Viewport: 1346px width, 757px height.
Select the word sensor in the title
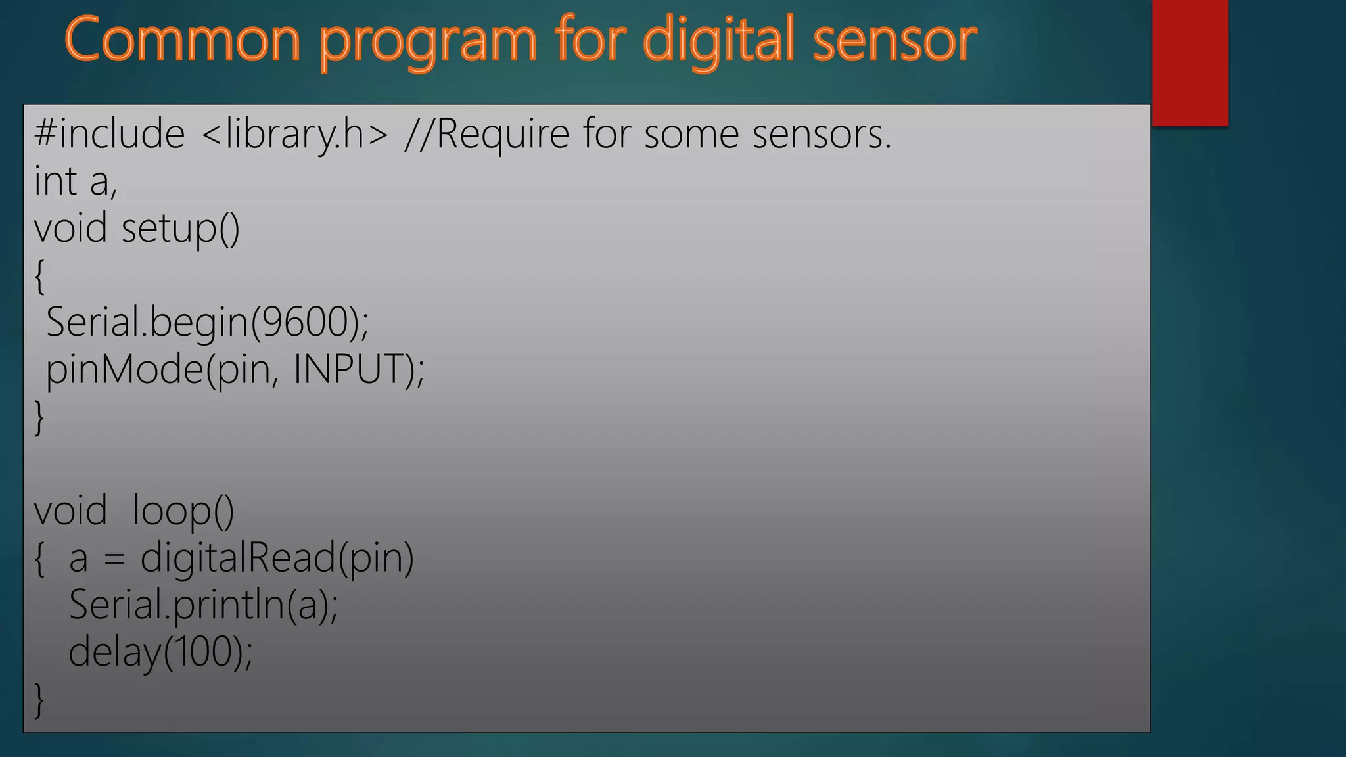coord(894,41)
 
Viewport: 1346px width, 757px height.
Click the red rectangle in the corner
coord(1190,62)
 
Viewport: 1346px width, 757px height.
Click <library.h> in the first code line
coord(295,135)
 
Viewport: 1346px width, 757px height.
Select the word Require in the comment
coord(503,135)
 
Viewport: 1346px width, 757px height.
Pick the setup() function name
coord(181,229)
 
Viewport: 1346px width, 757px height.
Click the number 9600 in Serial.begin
coord(305,322)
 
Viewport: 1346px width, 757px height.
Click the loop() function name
coord(183,511)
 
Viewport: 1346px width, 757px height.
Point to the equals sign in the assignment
coord(114,559)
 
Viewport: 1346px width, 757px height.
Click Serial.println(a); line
coord(204,605)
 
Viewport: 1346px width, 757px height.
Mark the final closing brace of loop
coord(39,700)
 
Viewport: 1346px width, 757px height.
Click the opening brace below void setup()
coord(39,276)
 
